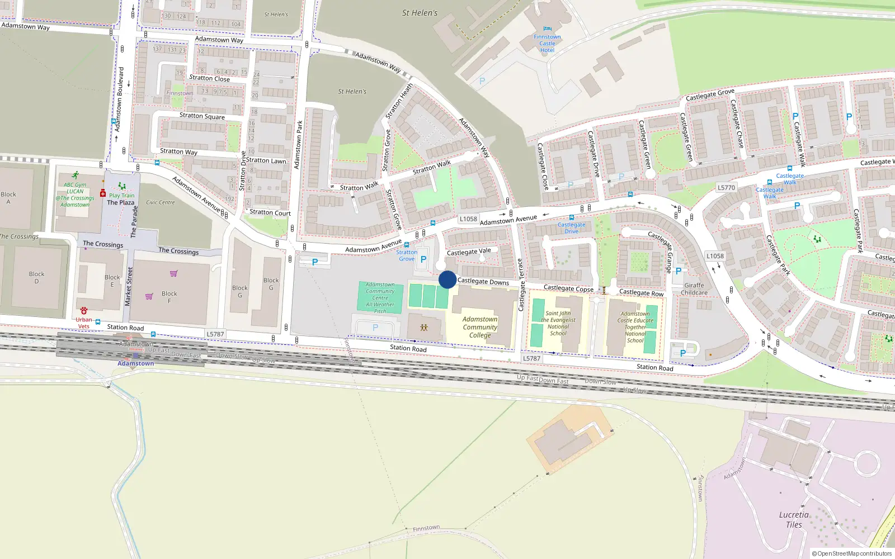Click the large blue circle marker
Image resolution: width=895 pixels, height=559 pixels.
[x=447, y=279]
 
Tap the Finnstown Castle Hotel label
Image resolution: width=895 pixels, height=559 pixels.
[x=547, y=44]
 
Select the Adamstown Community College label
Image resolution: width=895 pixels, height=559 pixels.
[x=480, y=327]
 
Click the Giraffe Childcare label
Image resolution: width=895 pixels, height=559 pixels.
[x=694, y=289]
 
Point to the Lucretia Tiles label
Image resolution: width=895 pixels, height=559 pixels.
[x=794, y=520]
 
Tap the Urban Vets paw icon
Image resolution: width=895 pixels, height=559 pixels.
[x=84, y=311]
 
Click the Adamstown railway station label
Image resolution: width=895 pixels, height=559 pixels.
[x=135, y=363]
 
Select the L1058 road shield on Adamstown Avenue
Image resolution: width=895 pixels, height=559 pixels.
[x=468, y=219]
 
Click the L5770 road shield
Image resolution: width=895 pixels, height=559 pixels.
[x=726, y=188]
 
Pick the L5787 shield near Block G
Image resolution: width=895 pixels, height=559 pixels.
[x=215, y=334]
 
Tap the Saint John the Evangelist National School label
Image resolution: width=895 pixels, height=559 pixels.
[x=558, y=323]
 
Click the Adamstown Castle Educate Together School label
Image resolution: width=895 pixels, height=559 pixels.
[x=635, y=327]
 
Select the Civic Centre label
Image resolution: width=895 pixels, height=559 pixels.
[x=161, y=202]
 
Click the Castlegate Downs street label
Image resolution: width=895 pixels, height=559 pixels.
[x=483, y=282]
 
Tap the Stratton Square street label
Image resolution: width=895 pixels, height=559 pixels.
[x=202, y=116]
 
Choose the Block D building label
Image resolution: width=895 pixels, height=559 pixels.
[x=37, y=277]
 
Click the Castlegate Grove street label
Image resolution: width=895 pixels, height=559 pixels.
[x=710, y=95]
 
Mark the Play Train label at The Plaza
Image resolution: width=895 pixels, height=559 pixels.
[x=121, y=196]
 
